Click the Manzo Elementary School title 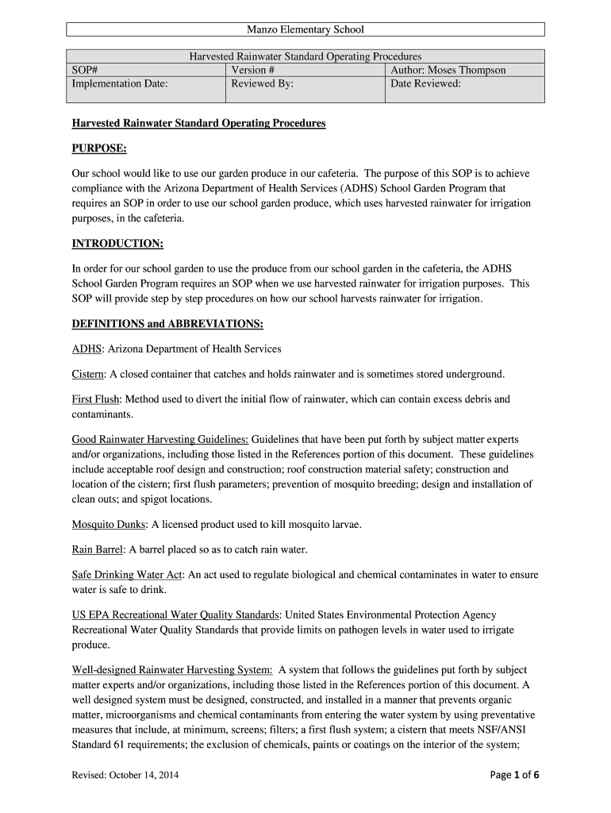(305, 29)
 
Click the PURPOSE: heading (99, 148)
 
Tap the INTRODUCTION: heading (117, 243)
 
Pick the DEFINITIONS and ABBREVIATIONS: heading (167, 324)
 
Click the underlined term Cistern (88, 374)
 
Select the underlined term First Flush (96, 399)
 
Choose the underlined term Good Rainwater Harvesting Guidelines (160, 439)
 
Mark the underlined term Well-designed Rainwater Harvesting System (172, 670)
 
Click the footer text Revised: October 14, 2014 (125, 776)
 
